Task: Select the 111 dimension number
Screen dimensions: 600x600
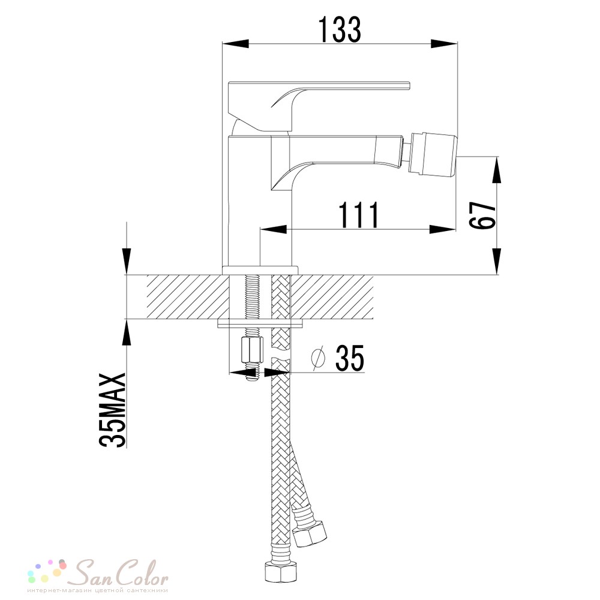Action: coord(359,215)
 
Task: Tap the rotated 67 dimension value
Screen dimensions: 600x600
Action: coord(482,215)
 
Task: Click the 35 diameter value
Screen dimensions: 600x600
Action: coord(350,358)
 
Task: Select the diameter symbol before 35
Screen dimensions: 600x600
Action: coord(319,359)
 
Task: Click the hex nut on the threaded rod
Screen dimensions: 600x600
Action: coord(251,350)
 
